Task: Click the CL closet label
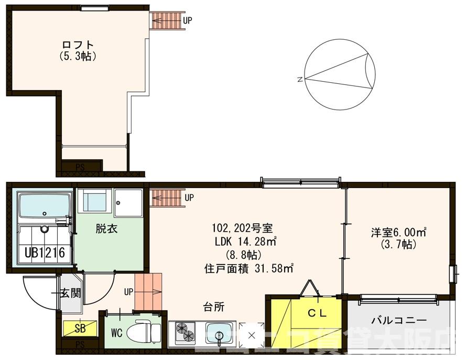tap(317, 313)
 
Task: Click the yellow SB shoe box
tap(79, 329)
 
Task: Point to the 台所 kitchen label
tap(214, 307)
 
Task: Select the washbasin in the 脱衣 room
tap(95, 201)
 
